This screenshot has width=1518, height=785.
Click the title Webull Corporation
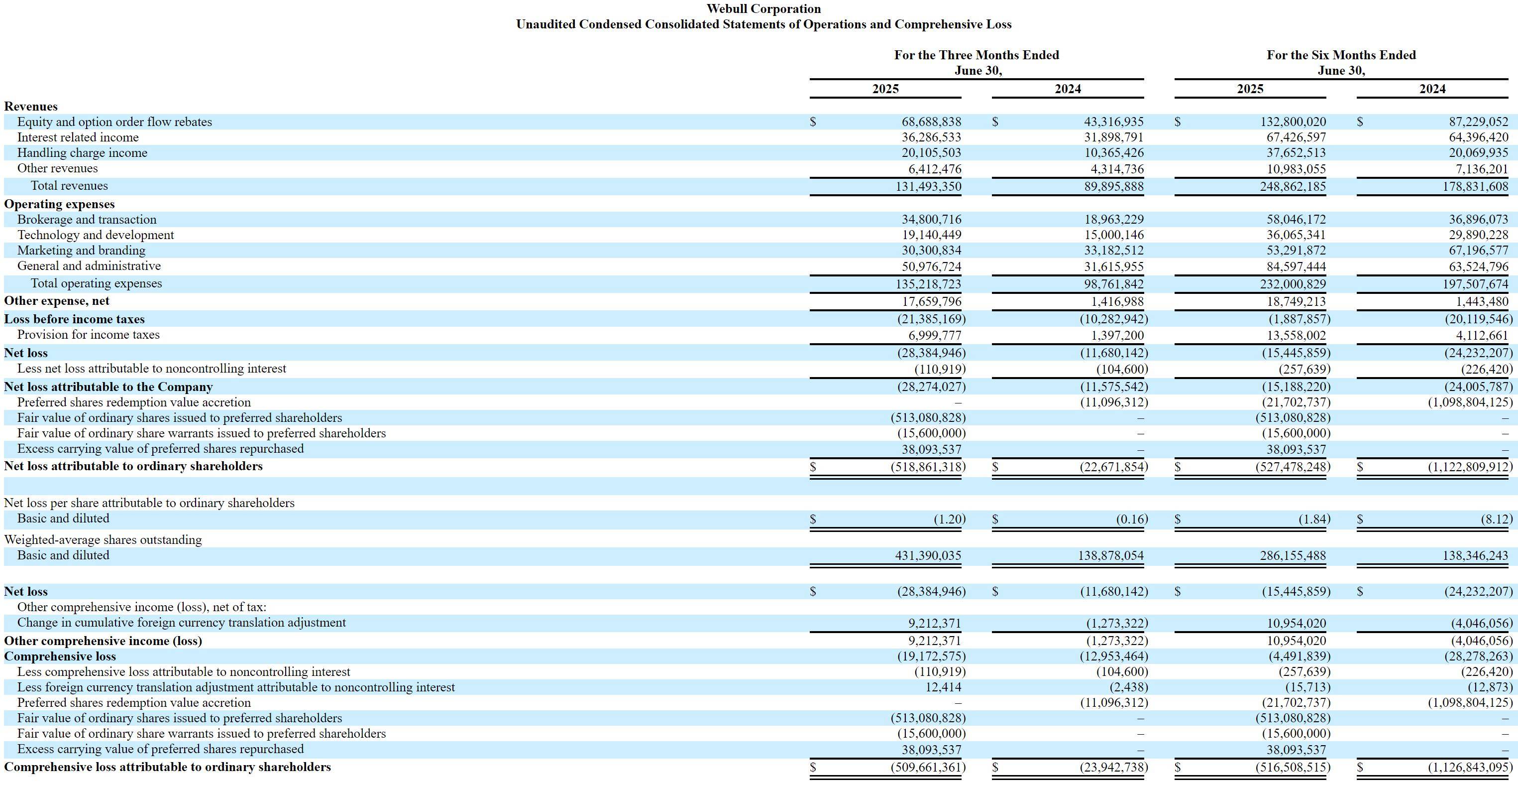click(763, 9)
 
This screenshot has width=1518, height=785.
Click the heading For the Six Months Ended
click(1341, 55)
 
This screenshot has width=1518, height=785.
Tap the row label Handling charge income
click(82, 153)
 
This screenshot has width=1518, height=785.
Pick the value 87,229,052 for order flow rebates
click(1479, 122)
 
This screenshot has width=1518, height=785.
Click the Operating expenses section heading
click(60, 204)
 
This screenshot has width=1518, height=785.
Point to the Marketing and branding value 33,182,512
click(1114, 251)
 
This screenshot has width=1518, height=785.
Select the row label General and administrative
click(89, 266)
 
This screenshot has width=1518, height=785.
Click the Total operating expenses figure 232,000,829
click(1297, 284)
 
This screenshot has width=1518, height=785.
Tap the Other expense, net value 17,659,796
click(931, 302)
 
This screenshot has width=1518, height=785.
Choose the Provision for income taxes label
click(89, 335)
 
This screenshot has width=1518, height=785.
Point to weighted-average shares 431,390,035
click(928, 555)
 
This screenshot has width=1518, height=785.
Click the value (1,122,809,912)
click(1470, 467)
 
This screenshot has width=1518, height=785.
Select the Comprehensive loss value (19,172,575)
click(932, 656)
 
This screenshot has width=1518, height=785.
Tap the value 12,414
click(944, 687)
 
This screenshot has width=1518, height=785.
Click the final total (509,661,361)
click(928, 767)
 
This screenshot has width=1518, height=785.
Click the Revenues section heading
click(31, 107)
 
